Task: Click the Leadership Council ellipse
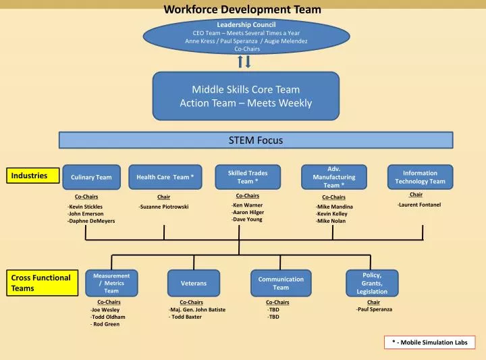coord(246,37)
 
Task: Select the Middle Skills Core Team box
coord(246,95)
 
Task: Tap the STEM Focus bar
coord(255,140)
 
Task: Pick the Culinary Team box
coord(91,177)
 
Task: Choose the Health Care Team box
coord(165,177)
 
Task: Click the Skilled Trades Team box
coord(247,177)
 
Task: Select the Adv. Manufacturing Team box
coord(333,177)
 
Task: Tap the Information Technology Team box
coord(420,177)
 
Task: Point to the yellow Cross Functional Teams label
coord(43,283)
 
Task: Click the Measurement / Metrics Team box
coord(111,283)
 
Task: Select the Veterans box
coord(194,283)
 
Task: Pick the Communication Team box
coord(281,283)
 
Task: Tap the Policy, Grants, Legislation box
coord(371,283)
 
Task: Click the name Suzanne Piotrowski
coord(163,207)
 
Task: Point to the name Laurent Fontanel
coord(419,205)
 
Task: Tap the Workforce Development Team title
coord(243,9)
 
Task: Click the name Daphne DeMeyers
coord(91,221)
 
